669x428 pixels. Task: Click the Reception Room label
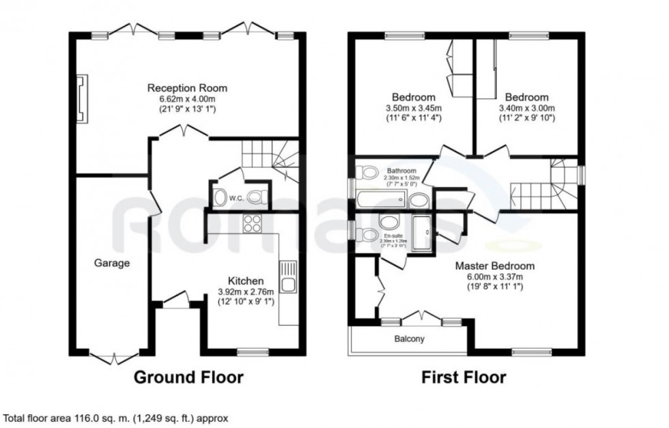(188, 88)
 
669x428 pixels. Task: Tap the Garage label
(112, 263)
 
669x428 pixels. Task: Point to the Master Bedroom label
(495, 266)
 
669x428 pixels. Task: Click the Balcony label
(409, 339)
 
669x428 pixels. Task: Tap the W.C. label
(236, 198)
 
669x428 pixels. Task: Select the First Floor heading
(464, 376)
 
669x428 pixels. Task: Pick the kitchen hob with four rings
(252, 223)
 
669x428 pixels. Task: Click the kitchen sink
(288, 282)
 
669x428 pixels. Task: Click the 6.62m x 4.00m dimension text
(188, 99)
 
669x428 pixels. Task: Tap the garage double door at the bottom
(110, 356)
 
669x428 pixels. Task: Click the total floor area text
(116, 417)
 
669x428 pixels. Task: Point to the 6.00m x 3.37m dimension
(495, 276)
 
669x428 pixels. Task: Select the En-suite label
(393, 234)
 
